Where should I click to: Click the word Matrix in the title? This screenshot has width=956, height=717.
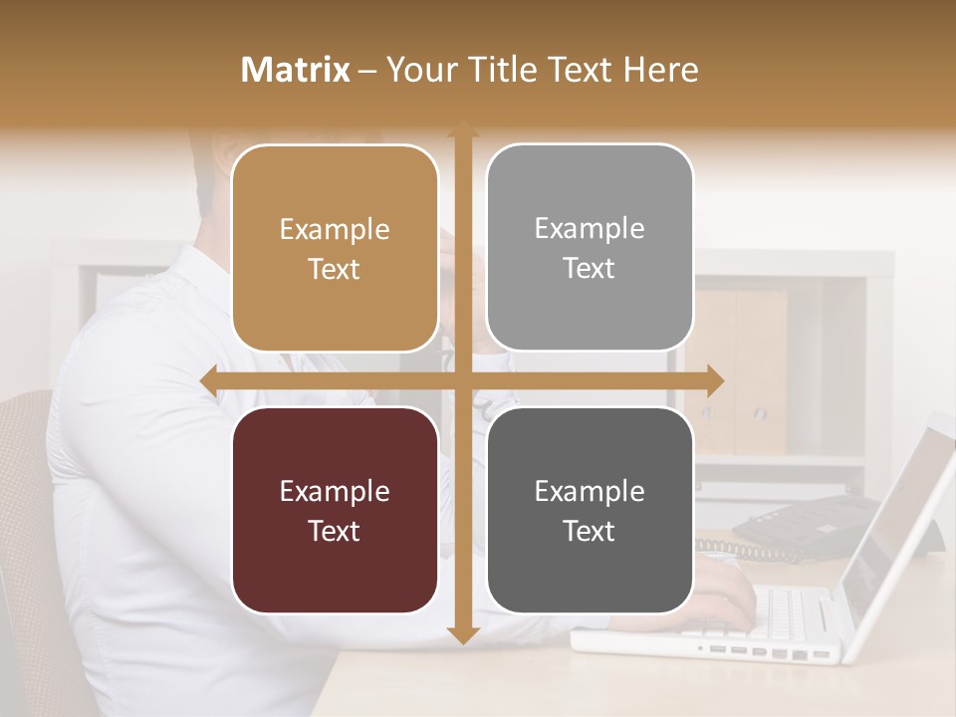coord(296,70)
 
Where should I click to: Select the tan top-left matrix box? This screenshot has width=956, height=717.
coord(335,248)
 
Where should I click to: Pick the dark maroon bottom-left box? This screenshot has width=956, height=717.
coord(335,510)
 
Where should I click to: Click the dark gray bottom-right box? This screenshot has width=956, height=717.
coord(590,510)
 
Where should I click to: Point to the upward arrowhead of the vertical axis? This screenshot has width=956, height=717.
coord(462,129)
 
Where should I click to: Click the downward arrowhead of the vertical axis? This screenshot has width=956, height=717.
coord(462,634)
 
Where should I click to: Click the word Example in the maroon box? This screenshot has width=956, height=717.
coord(335,491)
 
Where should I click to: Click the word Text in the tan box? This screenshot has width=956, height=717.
coord(335,269)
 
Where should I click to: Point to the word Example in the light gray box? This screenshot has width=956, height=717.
coord(590,228)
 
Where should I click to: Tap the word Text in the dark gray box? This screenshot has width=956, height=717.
coord(590,531)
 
